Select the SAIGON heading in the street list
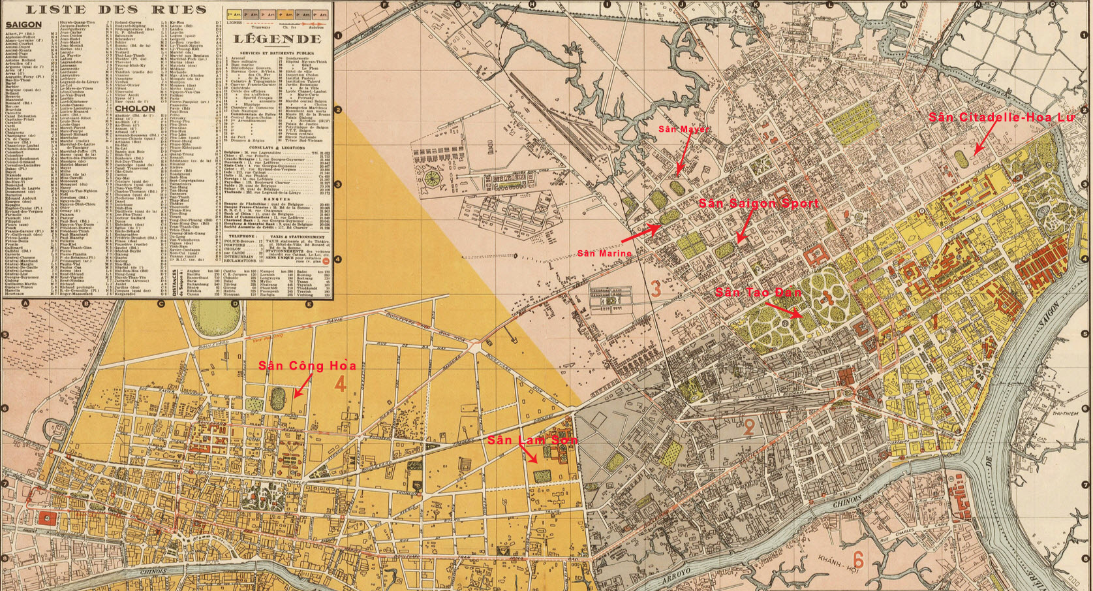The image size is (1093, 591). tap(23, 25)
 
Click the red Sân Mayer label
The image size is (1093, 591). tap(683, 129)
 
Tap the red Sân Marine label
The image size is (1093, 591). tap(604, 253)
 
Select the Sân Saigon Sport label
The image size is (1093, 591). tap(758, 204)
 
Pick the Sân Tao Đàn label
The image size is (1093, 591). tap(758, 293)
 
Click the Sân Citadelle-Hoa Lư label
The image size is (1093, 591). tap(1002, 118)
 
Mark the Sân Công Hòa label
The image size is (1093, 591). tap(307, 366)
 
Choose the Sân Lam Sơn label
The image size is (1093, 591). tap(532, 441)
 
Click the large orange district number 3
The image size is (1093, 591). tap(656, 287)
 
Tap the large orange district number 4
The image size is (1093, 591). tap(339, 384)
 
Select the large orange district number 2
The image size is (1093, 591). tap(749, 428)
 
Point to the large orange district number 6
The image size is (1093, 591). tap(858, 560)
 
